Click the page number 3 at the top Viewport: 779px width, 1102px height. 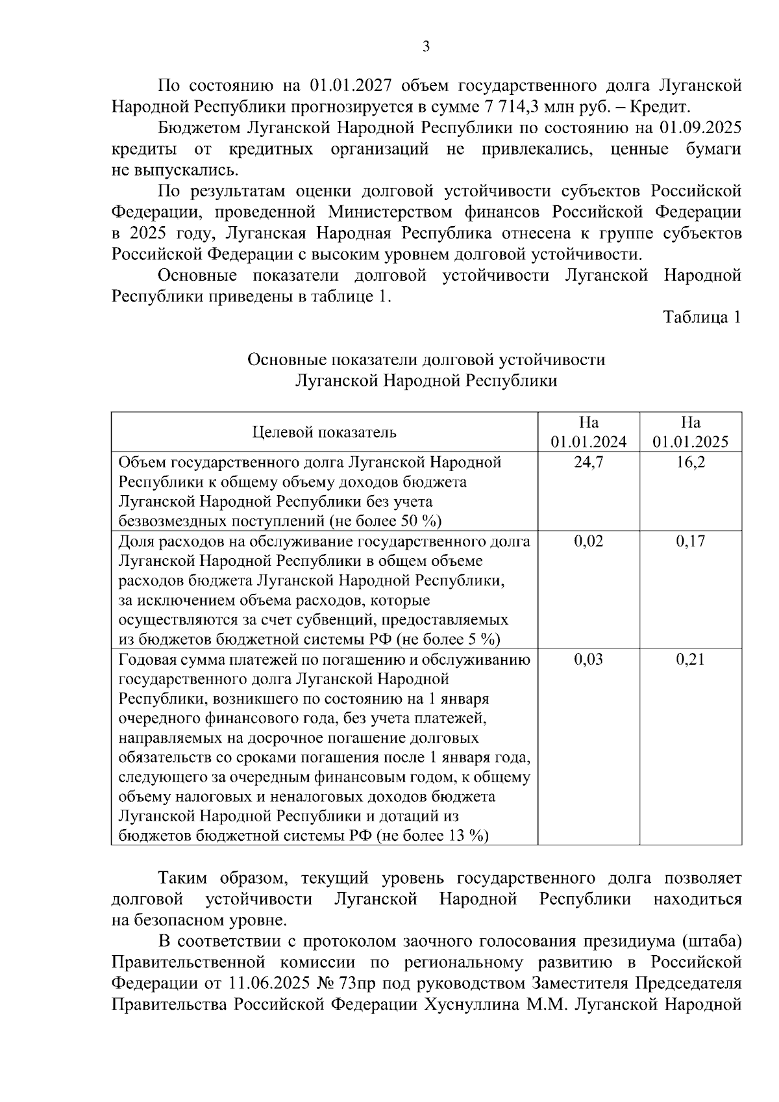[x=426, y=46]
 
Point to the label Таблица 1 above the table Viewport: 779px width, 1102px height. [x=702, y=318]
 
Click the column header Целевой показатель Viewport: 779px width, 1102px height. [x=324, y=432]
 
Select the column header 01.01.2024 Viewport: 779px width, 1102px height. [x=589, y=442]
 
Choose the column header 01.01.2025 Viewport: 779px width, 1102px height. [x=691, y=442]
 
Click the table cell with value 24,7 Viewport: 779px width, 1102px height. [x=589, y=463]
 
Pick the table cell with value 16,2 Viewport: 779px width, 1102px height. [x=691, y=463]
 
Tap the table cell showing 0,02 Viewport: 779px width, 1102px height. [x=589, y=541]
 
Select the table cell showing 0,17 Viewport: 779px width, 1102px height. [x=691, y=541]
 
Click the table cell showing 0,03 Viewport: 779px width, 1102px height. [x=589, y=660]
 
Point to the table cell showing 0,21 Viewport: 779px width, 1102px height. [x=691, y=660]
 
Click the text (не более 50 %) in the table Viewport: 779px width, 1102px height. [x=385, y=521]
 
